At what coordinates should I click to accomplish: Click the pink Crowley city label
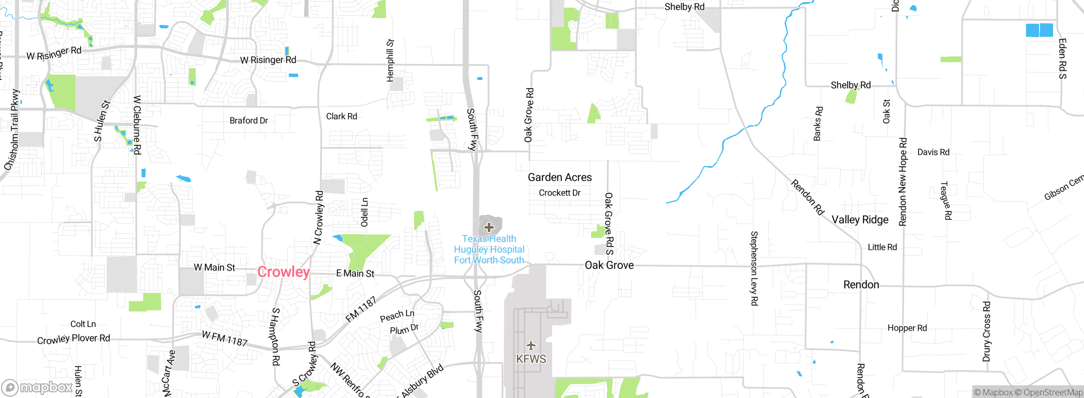pyautogui.click(x=283, y=272)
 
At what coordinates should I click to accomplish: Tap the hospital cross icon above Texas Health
pyautogui.click(x=489, y=227)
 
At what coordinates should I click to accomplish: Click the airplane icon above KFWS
pyautogui.click(x=531, y=345)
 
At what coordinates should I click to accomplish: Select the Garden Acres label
pyautogui.click(x=559, y=177)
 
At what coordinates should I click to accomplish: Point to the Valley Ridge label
pyautogui.click(x=860, y=220)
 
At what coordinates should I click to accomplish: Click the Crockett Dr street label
pyautogui.click(x=559, y=193)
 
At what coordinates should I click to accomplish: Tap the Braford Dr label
pyautogui.click(x=249, y=121)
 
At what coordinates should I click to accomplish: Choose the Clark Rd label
pyautogui.click(x=341, y=116)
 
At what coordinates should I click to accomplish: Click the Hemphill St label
pyautogui.click(x=390, y=61)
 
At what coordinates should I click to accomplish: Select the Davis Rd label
pyautogui.click(x=933, y=152)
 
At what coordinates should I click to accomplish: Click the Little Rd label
pyautogui.click(x=882, y=247)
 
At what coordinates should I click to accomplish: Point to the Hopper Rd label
pyautogui.click(x=907, y=328)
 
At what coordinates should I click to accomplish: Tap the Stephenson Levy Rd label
pyautogui.click(x=754, y=268)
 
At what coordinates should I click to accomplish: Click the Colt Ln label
pyautogui.click(x=83, y=324)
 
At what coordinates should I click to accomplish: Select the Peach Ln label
pyautogui.click(x=397, y=315)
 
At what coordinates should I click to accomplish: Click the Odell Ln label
pyautogui.click(x=365, y=212)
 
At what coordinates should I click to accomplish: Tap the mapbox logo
pyautogui.click(x=37, y=387)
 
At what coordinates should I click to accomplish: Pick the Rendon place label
pyautogui.click(x=861, y=285)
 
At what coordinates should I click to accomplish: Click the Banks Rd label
pyautogui.click(x=818, y=124)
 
